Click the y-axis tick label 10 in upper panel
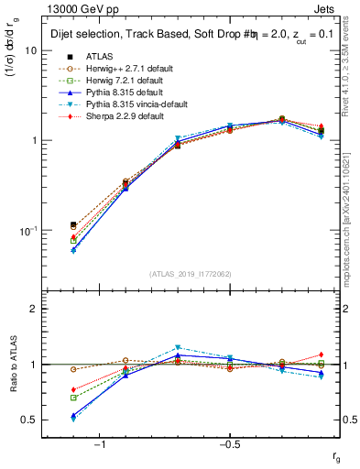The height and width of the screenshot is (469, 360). [x=30, y=51]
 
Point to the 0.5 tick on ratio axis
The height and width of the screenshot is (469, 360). [x=28, y=420]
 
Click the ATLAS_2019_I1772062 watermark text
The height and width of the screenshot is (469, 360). [x=190, y=274]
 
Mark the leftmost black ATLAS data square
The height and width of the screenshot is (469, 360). [x=73, y=224]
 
